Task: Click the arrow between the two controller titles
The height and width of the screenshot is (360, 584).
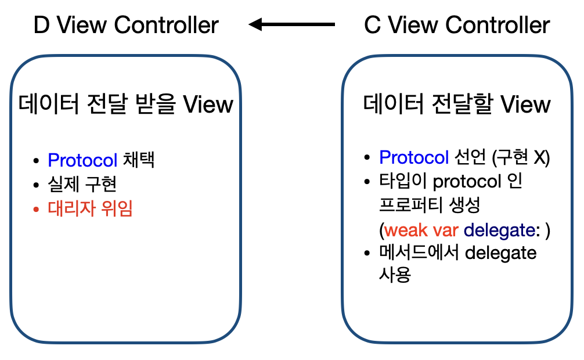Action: (291, 24)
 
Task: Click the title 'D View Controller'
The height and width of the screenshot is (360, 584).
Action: (126, 25)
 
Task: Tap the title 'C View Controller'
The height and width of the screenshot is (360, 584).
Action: (456, 25)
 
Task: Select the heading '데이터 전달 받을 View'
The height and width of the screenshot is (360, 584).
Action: (126, 105)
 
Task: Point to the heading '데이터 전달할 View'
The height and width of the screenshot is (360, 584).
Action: (457, 105)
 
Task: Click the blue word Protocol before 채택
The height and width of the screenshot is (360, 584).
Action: (82, 160)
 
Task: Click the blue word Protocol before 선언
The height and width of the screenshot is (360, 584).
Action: (414, 157)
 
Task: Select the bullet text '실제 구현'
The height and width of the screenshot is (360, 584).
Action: (83, 184)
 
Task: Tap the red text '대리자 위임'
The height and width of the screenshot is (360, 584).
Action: (91, 208)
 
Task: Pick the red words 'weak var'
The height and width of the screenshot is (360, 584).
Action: (422, 230)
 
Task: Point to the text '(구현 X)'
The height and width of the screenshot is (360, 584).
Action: (521, 157)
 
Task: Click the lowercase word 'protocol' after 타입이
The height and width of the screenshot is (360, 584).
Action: (467, 182)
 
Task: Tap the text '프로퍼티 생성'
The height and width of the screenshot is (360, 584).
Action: (428, 206)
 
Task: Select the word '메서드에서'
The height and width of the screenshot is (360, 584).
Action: (419, 254)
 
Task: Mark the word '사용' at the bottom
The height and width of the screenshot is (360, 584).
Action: (395, 275)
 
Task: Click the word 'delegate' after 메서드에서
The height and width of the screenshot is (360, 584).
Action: (501, 254)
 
